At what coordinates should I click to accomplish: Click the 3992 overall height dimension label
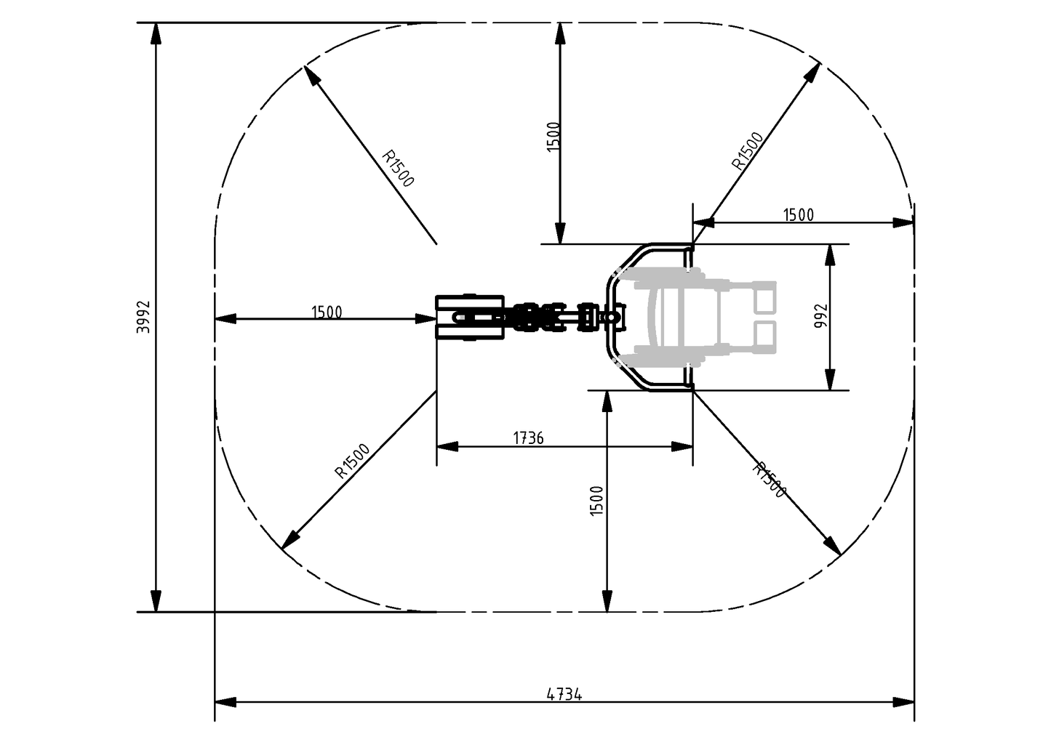(143, 317)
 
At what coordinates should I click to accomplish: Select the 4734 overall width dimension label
(564, 694)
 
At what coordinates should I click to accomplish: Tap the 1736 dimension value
(528, 437)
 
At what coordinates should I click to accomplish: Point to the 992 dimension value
(821, 316)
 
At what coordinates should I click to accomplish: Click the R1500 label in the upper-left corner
(398, 169)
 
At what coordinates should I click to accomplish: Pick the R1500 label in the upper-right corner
(748, 150)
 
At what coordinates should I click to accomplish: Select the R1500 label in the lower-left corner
(352, 461)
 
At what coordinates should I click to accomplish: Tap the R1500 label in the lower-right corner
(769, 480)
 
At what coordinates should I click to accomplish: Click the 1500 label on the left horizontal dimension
(327, 312)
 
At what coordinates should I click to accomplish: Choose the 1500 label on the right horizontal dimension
(799, 214)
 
